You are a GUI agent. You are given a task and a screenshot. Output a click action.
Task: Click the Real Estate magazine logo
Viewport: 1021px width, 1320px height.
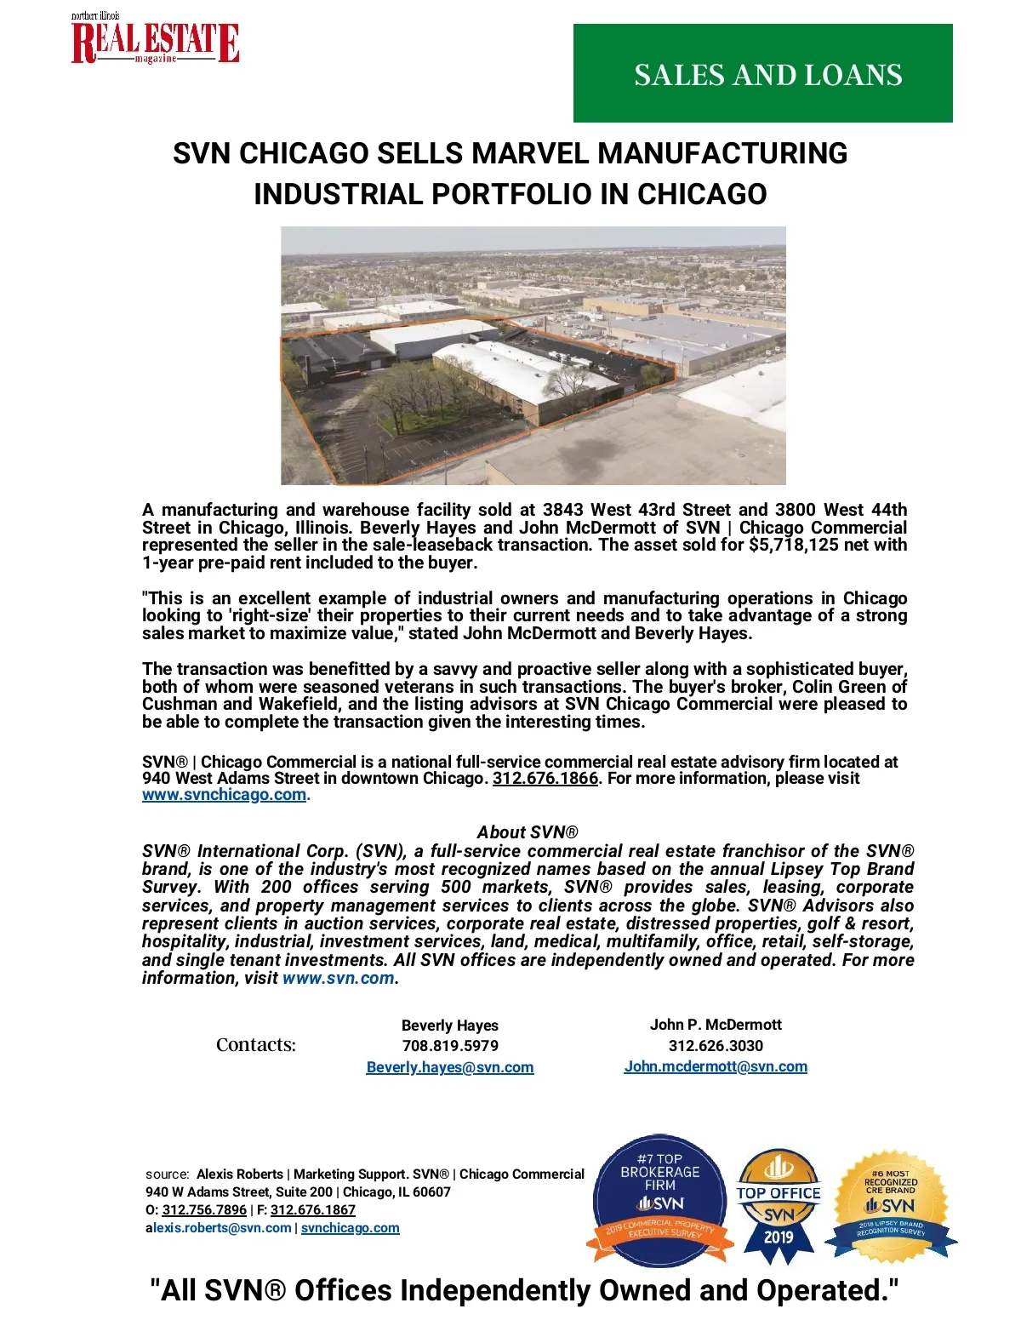tap(155, 41)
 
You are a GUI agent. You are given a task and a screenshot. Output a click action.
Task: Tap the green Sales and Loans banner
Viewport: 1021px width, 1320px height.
tap(762, 73)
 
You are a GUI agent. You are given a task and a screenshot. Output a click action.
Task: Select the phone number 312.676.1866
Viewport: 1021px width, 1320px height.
tap(545, 779)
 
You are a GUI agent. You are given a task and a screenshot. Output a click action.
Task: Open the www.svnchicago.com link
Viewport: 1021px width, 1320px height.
tap(224, 795)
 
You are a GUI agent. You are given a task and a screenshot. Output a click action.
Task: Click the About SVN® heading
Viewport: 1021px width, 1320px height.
tap(528, 832)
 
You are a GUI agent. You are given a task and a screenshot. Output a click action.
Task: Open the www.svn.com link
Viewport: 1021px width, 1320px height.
tap(338, 978)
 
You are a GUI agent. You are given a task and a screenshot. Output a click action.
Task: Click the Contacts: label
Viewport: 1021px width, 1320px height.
tap(255, 1045)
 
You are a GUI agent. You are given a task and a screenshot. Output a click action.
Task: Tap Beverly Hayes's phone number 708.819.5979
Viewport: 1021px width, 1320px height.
tap(450, 1046)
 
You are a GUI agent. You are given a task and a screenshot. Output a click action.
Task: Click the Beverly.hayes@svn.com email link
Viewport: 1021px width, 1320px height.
tap(450, 1067)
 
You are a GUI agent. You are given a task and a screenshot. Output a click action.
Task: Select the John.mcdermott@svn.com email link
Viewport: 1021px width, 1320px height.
tap(716, 1066)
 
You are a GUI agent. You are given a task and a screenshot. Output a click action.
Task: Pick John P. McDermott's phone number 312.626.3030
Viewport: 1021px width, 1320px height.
tap(716, 1046)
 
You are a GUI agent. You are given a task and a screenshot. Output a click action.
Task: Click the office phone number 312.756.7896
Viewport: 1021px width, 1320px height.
tap(204, 1210)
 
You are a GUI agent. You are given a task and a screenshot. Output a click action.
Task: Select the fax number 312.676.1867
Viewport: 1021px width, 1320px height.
tap(313, 1210)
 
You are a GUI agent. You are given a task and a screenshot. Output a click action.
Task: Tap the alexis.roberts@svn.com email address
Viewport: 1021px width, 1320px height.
tap(219, 1228)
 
